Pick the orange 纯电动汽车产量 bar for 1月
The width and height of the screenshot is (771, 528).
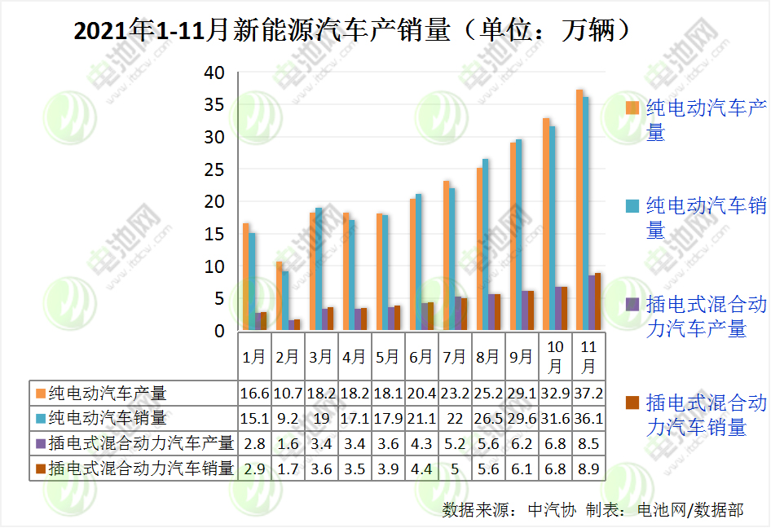click(246, 277)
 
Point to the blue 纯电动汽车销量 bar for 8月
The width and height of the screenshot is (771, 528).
click(486, 244)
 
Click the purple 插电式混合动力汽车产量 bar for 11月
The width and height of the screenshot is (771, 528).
click(592, 303)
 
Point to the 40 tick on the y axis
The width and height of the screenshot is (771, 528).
click(214, 73)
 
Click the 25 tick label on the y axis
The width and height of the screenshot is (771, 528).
click(214, 169)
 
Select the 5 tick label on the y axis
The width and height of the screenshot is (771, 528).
click(218, 299)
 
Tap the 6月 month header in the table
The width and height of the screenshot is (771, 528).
click(421, 356)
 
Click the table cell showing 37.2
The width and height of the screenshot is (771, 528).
click(588, 393)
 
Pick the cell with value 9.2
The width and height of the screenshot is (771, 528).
click(288, 418)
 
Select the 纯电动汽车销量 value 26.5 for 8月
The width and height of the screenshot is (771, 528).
click(488, 418)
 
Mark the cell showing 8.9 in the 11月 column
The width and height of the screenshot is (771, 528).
click(588, 469)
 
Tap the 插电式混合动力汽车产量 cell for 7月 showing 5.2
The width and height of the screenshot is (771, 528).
click(455, 443)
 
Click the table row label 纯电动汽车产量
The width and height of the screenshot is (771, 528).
click(107, 393)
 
